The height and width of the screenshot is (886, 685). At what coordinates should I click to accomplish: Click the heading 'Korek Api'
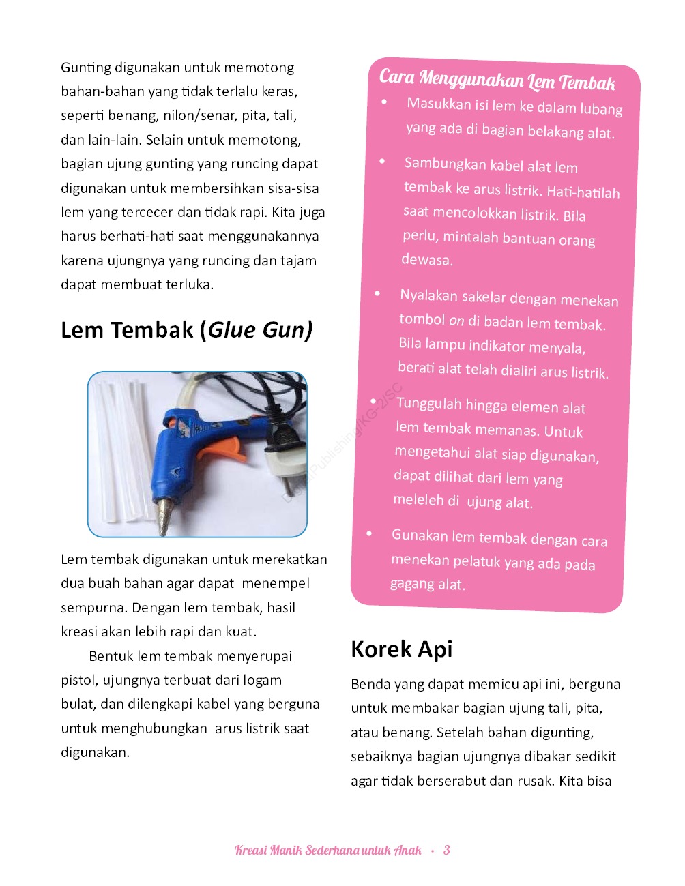(x=401, y=649)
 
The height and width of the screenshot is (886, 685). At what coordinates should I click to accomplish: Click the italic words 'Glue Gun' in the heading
(x=259, y=330)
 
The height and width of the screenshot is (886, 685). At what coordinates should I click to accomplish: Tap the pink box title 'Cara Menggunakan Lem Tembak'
(x=497, y=80)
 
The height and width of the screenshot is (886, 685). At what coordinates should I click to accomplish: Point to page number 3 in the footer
(x=446, y=850)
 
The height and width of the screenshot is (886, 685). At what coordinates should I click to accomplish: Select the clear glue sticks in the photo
(x=119, y=450)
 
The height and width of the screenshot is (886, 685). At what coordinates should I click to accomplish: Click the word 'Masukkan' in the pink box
(x=439, y=104)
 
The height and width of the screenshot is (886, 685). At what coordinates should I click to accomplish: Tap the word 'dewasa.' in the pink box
(x=427, y=260)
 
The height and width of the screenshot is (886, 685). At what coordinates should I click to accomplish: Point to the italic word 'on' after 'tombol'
(x=456, y=321)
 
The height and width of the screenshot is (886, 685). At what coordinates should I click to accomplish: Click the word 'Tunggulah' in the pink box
(x=428, y=404)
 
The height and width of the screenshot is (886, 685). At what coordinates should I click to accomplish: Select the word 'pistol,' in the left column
(x=79, y=680)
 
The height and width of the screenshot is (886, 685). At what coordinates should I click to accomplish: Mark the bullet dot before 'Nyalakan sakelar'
(x=377, y=293)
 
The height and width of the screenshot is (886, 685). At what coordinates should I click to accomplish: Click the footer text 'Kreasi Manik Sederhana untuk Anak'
(x=328, y=850)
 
